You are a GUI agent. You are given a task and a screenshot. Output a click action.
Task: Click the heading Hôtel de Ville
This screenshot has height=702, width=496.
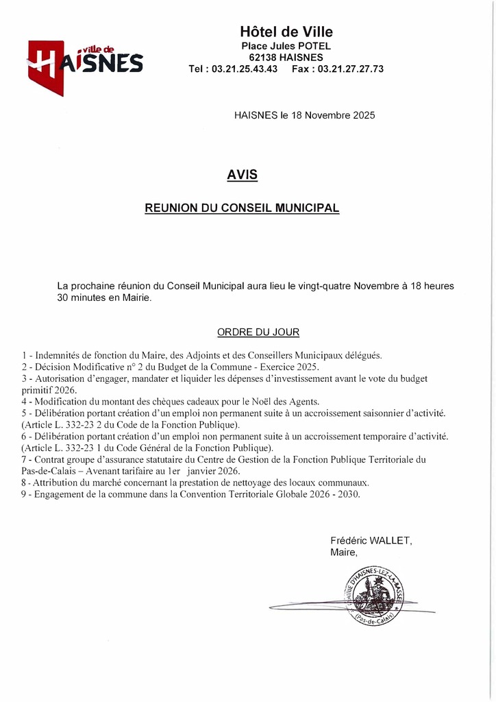(286, 32)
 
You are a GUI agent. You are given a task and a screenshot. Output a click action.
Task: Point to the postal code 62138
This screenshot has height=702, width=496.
(264, 58)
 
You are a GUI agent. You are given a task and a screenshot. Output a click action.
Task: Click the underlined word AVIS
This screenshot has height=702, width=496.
(243, 175)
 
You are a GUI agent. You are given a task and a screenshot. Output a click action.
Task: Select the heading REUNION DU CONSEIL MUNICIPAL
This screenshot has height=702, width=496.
(242, 208)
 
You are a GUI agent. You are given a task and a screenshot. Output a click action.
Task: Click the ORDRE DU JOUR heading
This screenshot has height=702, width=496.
(258, 332)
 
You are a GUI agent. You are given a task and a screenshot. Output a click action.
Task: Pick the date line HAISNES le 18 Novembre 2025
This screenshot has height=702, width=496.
(305, 116)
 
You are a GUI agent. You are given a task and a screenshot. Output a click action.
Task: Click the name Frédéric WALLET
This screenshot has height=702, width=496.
(371, 540)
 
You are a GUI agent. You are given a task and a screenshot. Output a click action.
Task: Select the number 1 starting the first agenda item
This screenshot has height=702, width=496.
(24, 355)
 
